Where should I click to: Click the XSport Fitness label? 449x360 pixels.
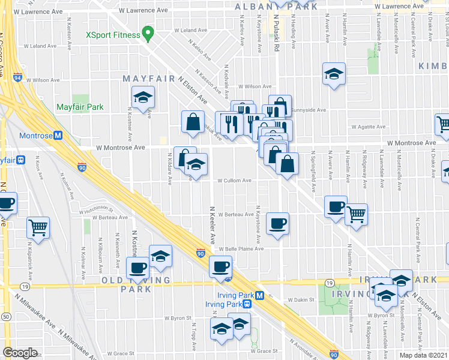tap(113, 35)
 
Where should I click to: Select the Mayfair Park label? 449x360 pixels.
tap(80, 107)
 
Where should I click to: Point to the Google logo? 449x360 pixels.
tap(20, 352)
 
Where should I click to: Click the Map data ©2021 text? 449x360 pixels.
tap(424, 355)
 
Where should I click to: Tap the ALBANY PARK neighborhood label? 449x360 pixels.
tap(276, 7)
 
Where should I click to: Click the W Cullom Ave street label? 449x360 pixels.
tap(234, 180)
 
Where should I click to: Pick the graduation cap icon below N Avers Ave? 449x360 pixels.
tap(334, 74)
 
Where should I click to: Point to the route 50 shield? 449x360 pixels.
tap(5, 316)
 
